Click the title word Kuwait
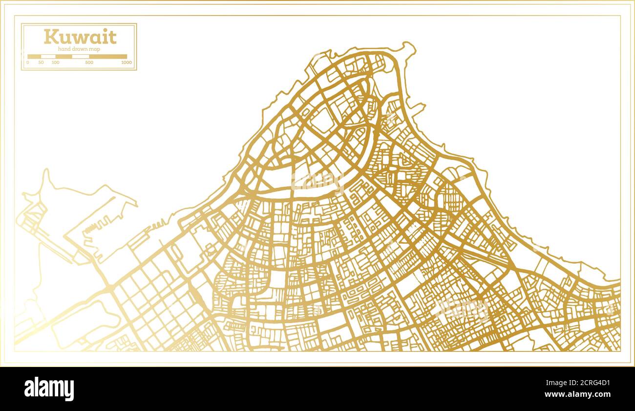pyautogui.click(x=80, y=37)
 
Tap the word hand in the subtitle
pyautogui.click(x=64, y=49)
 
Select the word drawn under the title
pyautogui.click(x=81, y=49)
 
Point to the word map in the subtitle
pyautogui.click(x=95, y=49)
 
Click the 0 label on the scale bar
pyautogui.click(x=27, y=63)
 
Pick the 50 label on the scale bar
pyautogui.click(x=41, y=63)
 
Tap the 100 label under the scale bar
pyautogui.click(x=55, y=63)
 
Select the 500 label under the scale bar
pyautogui.click(x=89, y=63)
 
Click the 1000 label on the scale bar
pyautogui.click(x=127, y=63)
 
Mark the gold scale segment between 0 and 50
pyautogui.click(x=34, y=56)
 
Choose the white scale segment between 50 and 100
pyautogui.click(x=48, y=56)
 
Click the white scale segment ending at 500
pyautogui.click(x=81, y=56)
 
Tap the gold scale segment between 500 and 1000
pyautogui.click(x=108, y=56)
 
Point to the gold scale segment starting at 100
pyautogui.click(x=63, y=56)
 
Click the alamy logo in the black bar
pyautogui.click(x=49, y=389)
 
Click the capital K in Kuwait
pyautogui.click(x=50, y=37)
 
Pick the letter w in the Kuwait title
pyautogui.click(x=78, y=38)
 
